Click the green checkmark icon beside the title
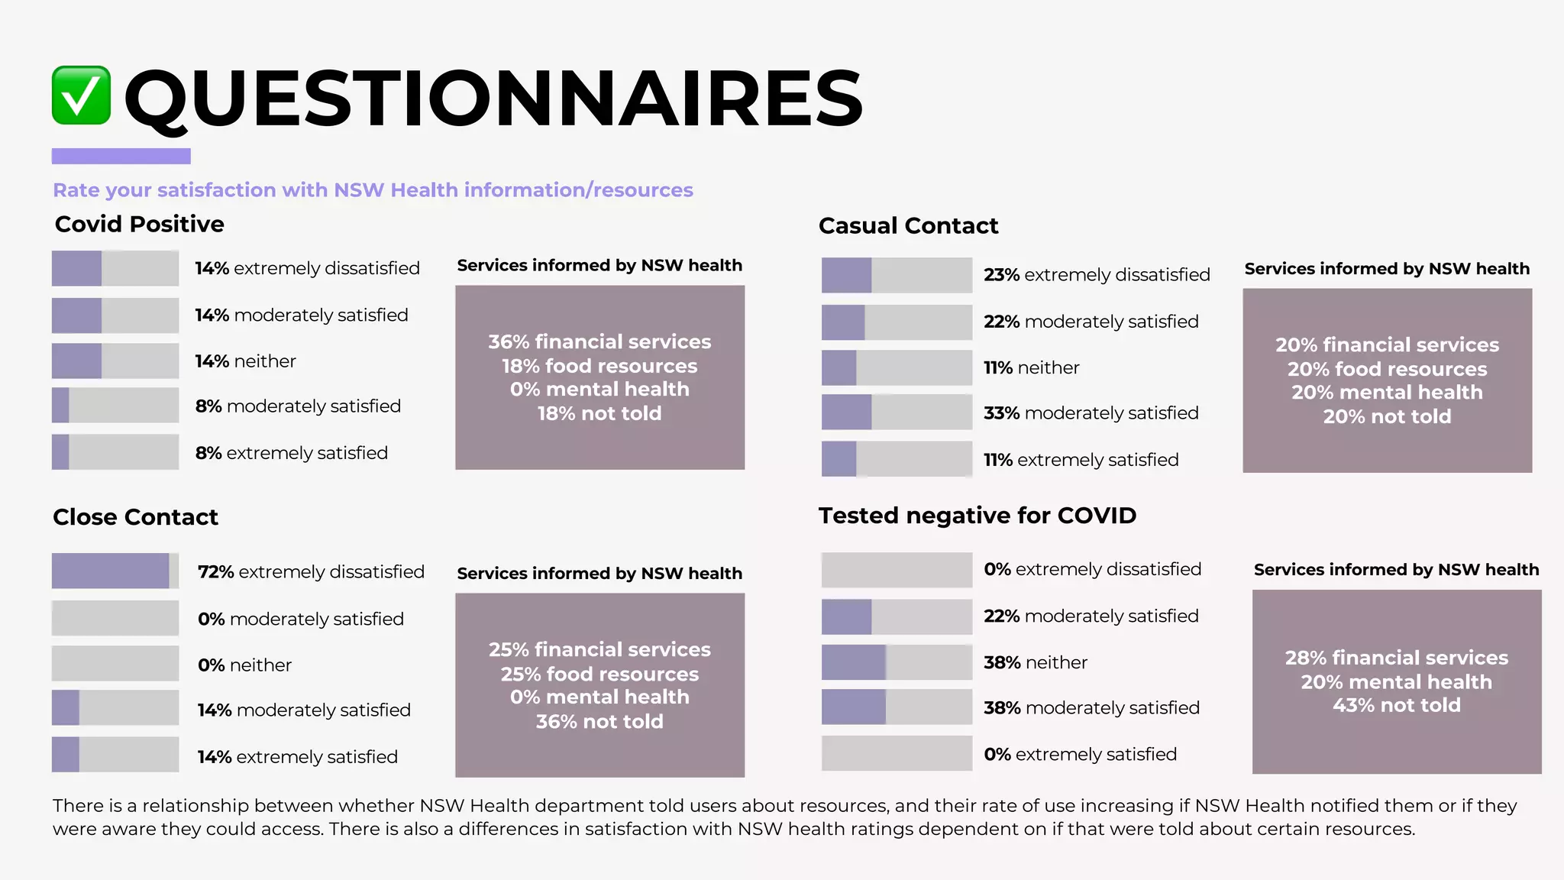coord(81,95)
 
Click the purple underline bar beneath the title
coord(121,156)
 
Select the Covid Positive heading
coord(139,224)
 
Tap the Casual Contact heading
coord(908,225)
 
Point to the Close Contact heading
coord(135,517)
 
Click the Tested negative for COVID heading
coord(977,516)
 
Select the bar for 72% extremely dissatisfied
coord(115,571)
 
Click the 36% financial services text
coord(599,341)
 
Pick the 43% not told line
coord(1396,705)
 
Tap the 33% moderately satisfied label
coord(1091,412)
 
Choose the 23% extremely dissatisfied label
coord(1096,274)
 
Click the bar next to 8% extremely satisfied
coord(115,451)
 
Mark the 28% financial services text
coord(1396,658)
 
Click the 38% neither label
coord(1035,662)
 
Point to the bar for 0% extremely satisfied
coord(897,753)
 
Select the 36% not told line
coord(599,721)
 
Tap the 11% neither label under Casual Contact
coord(1031,367)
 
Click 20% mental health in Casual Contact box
coord(1387,392)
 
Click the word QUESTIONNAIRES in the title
coord(493,98)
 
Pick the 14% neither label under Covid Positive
coord(245,361)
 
